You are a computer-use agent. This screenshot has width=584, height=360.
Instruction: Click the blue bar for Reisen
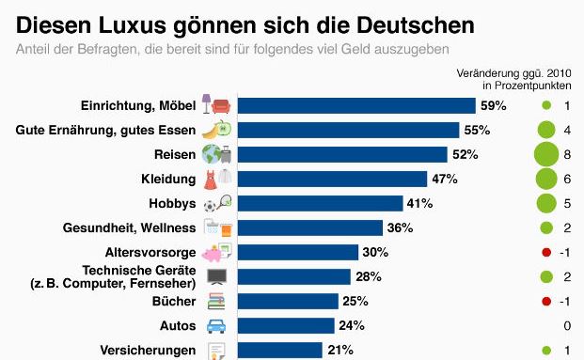pyautogui.click(x=340, y=154)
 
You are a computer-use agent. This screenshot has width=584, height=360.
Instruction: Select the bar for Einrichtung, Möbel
pyautogui.click(x=355, y=105)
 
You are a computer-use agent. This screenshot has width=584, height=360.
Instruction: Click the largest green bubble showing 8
pyautogui.click(x=545, y=154)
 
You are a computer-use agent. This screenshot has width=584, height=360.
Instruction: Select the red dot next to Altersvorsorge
pyautogui.click(x=545, y=252)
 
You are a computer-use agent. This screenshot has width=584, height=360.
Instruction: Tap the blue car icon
pyautogui.click(x=216, y=325)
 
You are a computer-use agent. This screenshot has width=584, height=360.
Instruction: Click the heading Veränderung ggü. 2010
pyautogui.click(x=515, y=72)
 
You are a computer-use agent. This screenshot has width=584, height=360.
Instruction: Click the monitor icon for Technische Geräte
pyautogui.click(x=216, y=276)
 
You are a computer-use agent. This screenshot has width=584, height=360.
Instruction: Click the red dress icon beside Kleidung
pyautogui.click(x=211, y=179)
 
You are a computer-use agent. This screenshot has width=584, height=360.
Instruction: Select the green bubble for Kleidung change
pyautogui.click(x=545, y=179)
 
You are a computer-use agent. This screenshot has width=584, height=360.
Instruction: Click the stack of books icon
pyautogui.click(x=216, y=301)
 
